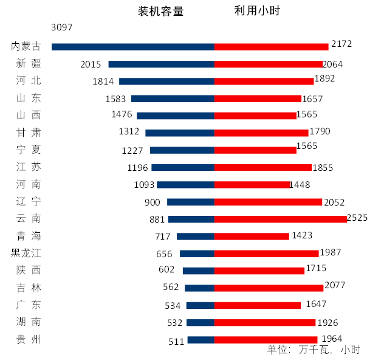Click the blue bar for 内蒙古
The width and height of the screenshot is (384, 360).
coord(133,46)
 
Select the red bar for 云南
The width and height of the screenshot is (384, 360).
coord(281,219)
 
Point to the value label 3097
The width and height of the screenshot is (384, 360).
coord(63,27)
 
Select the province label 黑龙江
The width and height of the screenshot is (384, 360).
coord(26,253)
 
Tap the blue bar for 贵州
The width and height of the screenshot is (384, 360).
coord(201,340)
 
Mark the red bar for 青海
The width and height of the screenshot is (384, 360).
coord(252,236)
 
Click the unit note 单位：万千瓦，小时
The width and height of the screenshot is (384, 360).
coord(314,350)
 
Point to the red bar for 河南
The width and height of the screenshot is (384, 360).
coord(253,185)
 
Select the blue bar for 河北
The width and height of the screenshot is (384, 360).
coord(167,81)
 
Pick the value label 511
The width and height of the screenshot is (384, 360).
coord(176,341)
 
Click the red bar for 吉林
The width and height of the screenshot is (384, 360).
coord(269,288)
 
